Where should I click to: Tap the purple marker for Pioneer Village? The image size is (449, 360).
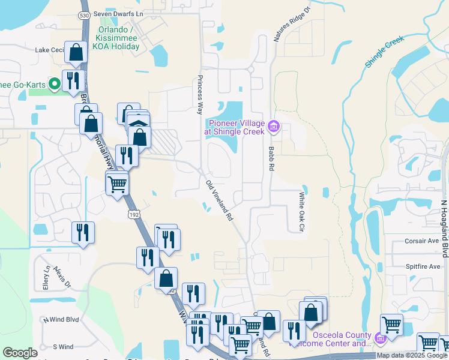[274, 126]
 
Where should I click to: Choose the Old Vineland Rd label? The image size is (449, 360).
[218, 201]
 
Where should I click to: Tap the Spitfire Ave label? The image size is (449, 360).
[425, 266]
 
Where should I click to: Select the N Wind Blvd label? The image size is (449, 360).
[61, 320]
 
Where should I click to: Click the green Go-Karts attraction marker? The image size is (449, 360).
[53, 84]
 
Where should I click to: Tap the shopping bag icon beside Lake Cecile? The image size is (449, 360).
[76, 54]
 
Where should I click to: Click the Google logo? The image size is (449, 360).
[20, 353]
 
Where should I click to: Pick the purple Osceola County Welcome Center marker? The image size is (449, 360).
[379, 340]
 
